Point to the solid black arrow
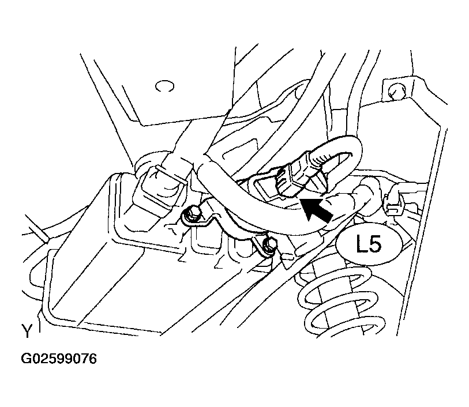point(318,210)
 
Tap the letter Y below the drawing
point(27,331)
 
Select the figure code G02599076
point(59,359)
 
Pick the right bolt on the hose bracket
point(269,246)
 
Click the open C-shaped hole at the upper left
point(165,86)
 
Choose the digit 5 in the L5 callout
point(376,244)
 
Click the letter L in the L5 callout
point(361,244)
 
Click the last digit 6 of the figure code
point(93,359)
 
